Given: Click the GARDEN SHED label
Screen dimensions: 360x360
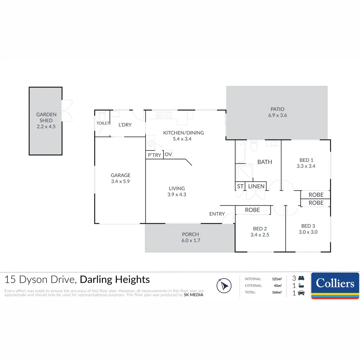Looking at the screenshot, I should click(46, 117).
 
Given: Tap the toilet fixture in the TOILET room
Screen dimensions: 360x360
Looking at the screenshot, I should click(102, 116).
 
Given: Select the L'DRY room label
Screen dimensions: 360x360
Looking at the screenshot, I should click(125, 125).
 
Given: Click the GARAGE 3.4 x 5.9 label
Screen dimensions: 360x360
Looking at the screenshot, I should click(121, 178).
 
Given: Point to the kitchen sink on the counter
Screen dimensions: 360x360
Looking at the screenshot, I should click(164, 115).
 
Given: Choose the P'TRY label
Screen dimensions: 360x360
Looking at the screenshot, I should click(155, 155).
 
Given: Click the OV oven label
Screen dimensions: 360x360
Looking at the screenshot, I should click(168, 154).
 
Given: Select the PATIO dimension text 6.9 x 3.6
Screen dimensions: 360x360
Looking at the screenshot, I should click(277, 115).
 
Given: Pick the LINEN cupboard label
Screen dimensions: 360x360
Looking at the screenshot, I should click(256, 186).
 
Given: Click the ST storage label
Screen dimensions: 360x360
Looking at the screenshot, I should click(240, 186).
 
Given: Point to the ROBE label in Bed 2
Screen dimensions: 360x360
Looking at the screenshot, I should click(252, 210).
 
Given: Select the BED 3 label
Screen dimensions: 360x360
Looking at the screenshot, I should click(308, 226).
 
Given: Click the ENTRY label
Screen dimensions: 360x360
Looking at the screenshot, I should click(217, 214).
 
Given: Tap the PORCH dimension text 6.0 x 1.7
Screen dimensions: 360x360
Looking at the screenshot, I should click(191, 240).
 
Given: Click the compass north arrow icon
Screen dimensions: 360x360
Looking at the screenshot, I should click(224, 286).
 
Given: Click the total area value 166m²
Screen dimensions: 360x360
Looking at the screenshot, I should click(277, 292).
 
